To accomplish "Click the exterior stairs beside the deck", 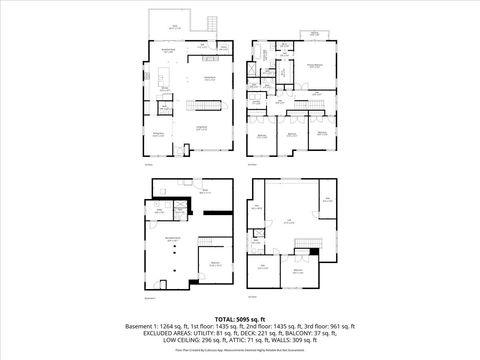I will tap(211, 23).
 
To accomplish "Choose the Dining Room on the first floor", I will tap(158, 134).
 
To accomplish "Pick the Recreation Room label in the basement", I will tap(172, 238).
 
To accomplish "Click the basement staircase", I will tap(206, 245).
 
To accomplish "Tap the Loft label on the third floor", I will tap(289, 221).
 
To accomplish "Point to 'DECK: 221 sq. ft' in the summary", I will tap(268, 334).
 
